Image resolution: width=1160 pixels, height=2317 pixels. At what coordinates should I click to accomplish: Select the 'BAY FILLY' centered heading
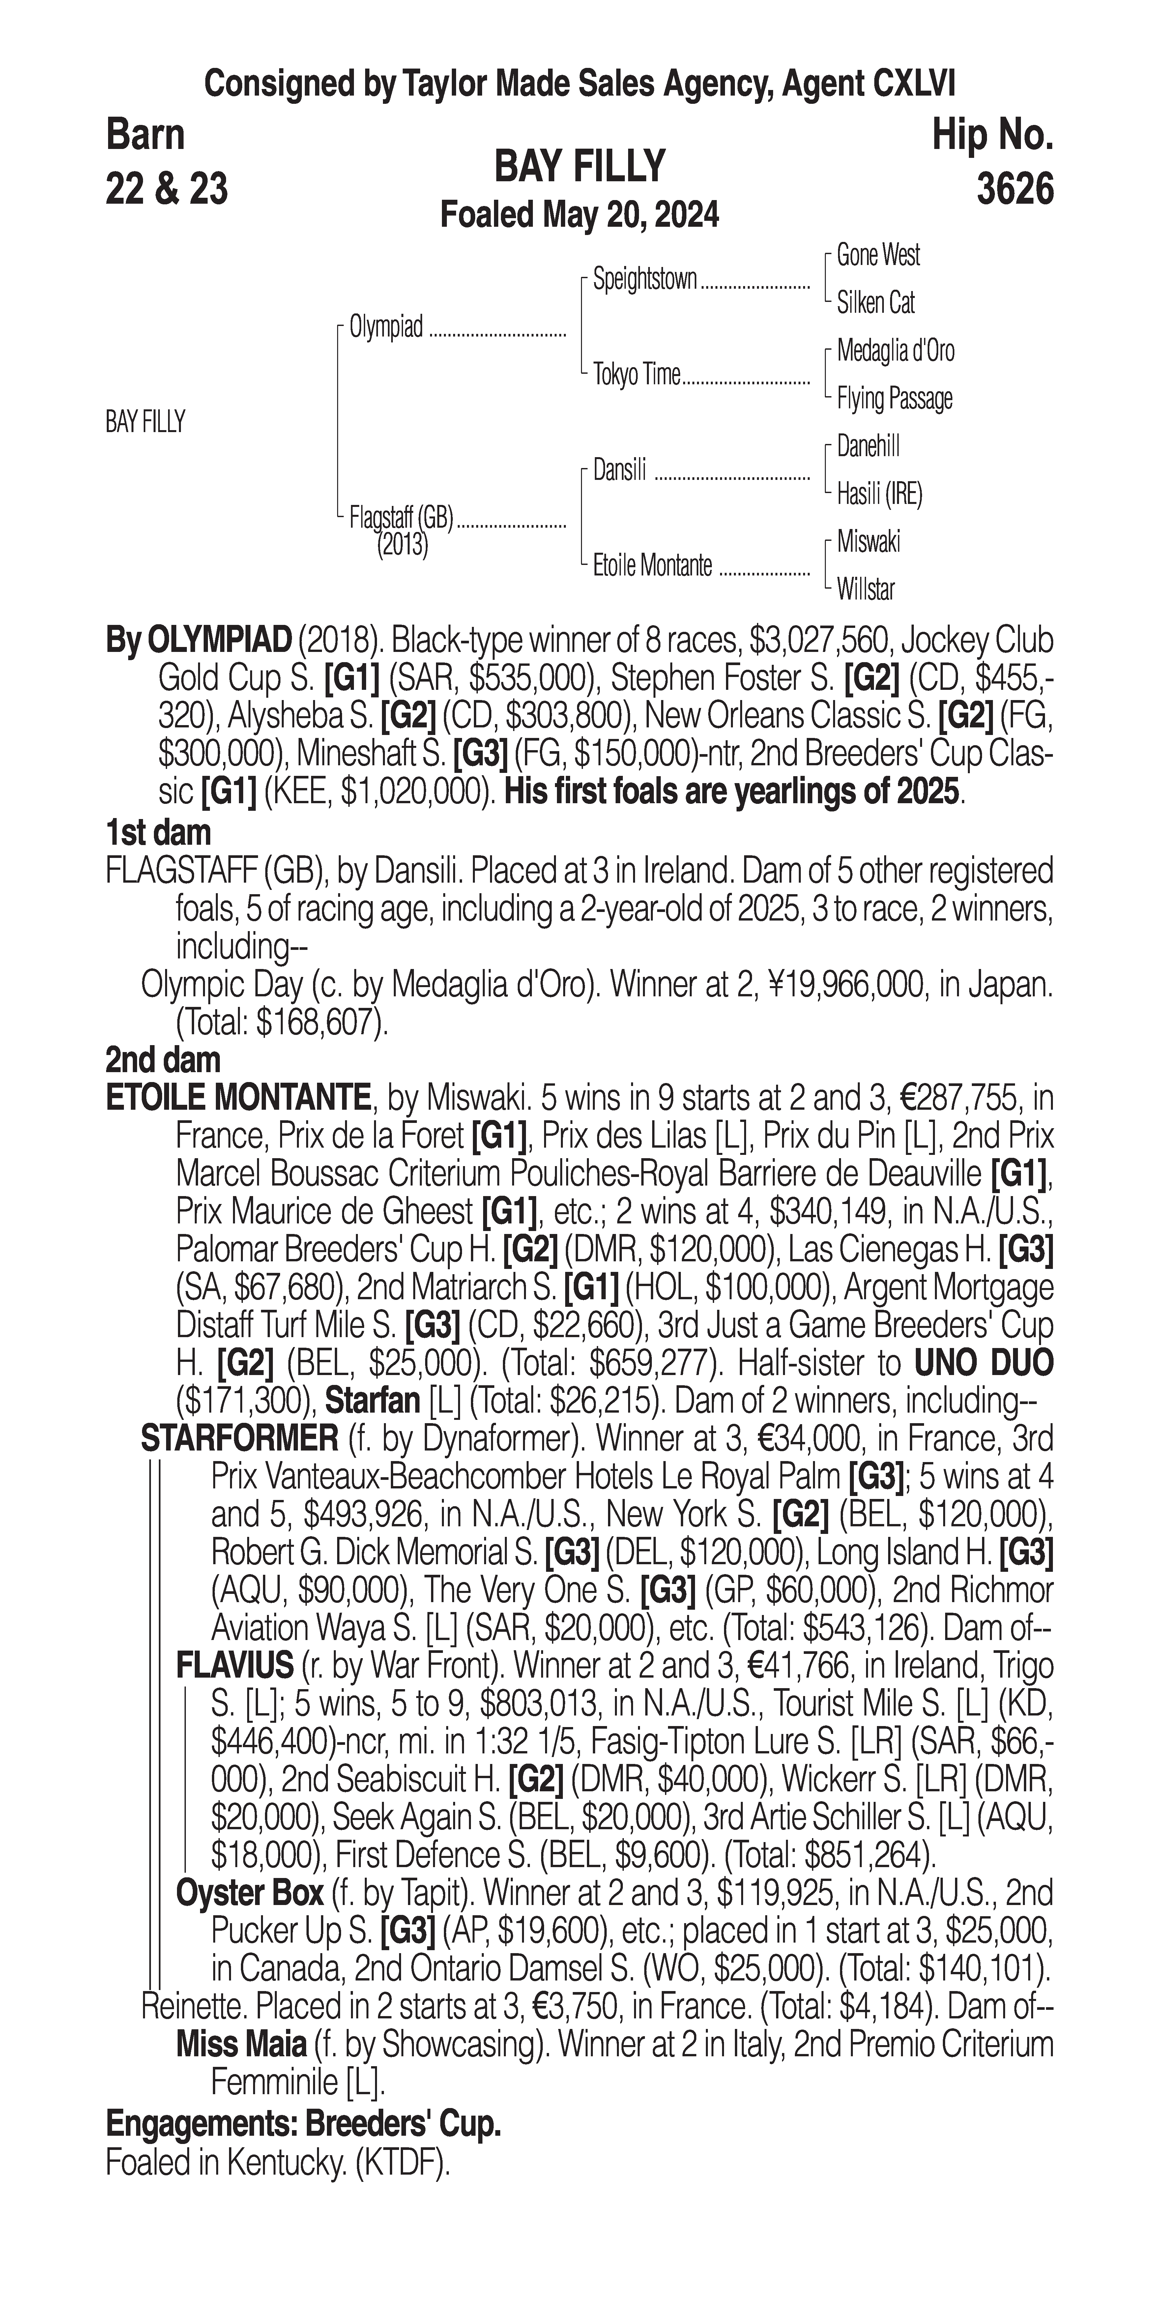(580, 166)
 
